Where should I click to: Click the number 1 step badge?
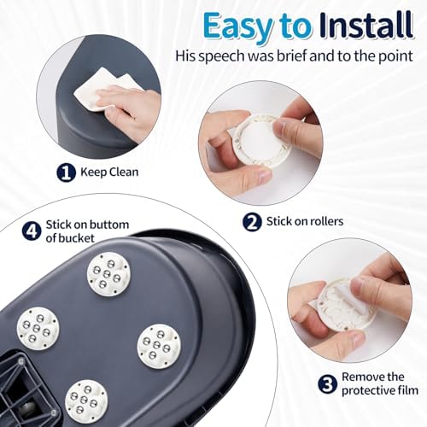pyautogui.click(x=66, y=173)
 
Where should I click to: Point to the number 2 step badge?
pyautogui.click(x=252, y=222)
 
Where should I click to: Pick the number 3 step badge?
pyautogui.click(x=327, y=384)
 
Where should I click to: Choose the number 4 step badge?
pyautogui.click(x=32, y=231)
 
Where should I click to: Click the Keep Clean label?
pyautogui.click(x=109, y=173)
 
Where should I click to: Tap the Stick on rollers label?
pyautogui.click(x=305, y=221)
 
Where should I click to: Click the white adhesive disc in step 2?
pyautogui.click(x=262, y=142)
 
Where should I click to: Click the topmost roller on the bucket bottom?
pyautogui.click(x=109, y=274)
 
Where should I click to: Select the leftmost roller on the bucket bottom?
pyautogui.click(x=38, y=329)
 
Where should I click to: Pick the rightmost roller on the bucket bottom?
pyautogui.click(x=159, y=346)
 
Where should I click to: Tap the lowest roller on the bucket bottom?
pyautogui.click(x=86, y=401)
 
